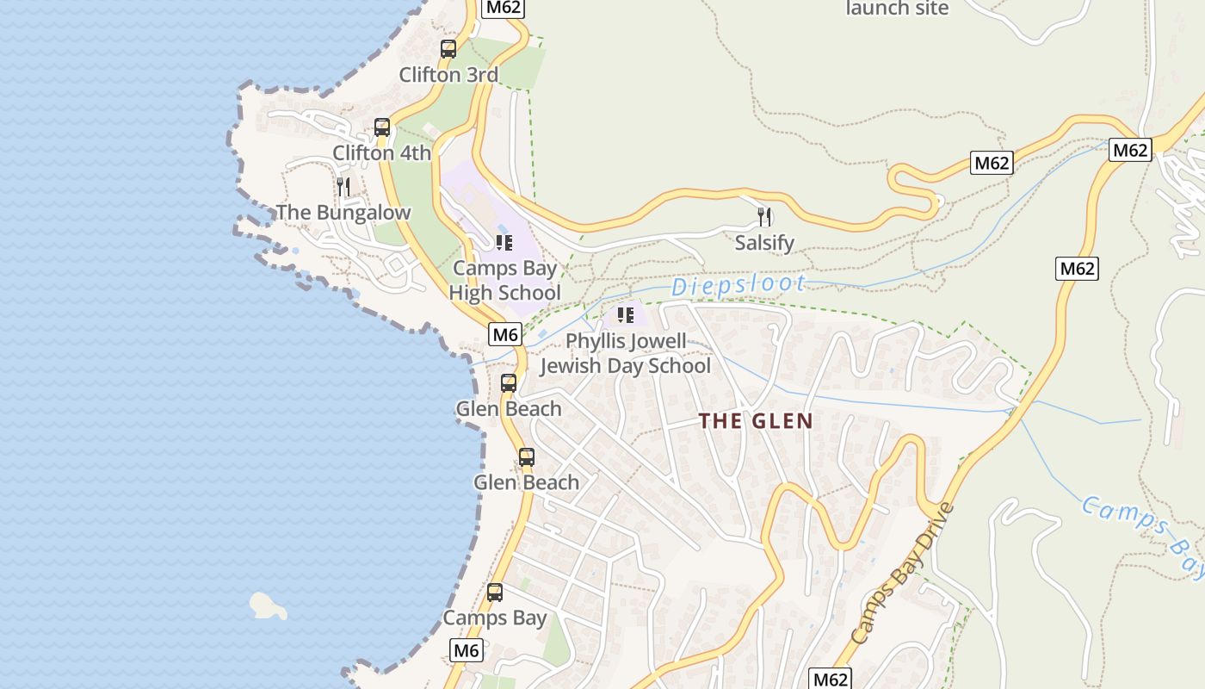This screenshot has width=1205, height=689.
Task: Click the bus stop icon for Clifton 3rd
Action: [448, 49]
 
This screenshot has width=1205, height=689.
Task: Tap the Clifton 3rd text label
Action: [448, 75]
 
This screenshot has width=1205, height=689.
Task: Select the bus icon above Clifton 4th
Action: [382, 127]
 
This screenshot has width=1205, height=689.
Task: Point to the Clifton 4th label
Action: [382, 153]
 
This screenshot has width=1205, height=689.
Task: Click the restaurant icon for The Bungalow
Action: [343, 187]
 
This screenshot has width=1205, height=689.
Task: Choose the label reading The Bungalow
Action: [343, 213]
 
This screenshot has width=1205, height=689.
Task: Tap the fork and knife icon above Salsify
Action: [764, 216]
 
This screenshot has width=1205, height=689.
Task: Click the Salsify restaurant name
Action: [764, 243]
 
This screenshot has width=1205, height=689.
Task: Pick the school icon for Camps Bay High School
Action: [504, 243]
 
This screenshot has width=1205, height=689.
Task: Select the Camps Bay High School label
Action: [505, 281]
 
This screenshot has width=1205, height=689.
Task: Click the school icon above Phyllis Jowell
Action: [626, 315]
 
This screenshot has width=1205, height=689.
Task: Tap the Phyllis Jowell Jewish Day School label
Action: [626, 353]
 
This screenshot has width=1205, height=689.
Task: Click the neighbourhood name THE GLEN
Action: [756, 421]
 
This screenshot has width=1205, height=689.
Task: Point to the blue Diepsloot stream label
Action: [738, 285]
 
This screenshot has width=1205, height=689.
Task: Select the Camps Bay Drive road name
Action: [903, 574]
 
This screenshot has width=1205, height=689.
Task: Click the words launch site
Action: [897, 9]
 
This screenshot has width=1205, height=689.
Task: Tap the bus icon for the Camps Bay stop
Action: [495, 593]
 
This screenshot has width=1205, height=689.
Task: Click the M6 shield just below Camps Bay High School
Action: [505, 334]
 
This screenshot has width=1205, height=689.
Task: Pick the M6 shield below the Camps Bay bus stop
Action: [466, 650]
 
